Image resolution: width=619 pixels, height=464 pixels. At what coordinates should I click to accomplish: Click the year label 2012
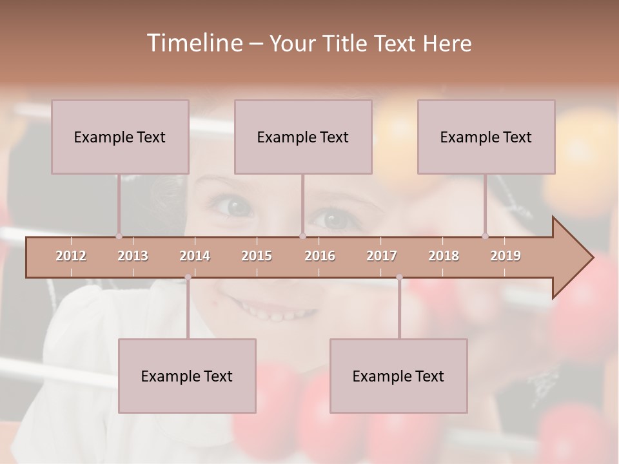click(x=71, y=256)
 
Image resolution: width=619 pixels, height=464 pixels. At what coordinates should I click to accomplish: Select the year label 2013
click(x=133, y=256)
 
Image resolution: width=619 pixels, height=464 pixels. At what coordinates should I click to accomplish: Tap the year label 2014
click(x=195, y=256)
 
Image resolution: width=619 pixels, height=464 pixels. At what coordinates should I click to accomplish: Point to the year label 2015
click(x=257, y=256)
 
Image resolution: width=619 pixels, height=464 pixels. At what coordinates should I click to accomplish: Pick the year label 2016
click(x=320, y=256)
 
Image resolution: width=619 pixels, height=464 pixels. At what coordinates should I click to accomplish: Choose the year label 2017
click(x=382, y=256)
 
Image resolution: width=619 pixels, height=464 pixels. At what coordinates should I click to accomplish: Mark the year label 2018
click(x=444, y=256)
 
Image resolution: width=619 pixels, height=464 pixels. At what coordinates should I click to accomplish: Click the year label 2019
click(x=506, y=256)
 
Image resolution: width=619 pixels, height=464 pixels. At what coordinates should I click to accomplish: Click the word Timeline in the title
click(x=193, y=43)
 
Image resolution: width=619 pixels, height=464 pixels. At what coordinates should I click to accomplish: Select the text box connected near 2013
click(x=120, y=137)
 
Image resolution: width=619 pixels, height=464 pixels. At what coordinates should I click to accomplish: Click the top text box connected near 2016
click(x=303, y=137)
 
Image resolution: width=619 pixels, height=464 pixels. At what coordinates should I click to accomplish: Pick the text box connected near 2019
click(x=486, y=137)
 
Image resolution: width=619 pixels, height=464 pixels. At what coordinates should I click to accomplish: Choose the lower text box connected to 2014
click(x=187, y=376)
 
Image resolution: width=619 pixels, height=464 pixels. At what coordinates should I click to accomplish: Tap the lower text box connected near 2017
click(x=398, y=376)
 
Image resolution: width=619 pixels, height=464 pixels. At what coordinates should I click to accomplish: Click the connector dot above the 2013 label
click(x=119, y=236)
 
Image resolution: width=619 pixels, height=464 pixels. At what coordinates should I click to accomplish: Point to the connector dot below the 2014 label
click(x=188, y=278)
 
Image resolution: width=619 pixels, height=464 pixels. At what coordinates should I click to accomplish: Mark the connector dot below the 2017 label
click(x=399, y=278)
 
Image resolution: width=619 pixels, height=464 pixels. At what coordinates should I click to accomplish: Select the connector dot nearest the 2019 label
click(x=485, y=236)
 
